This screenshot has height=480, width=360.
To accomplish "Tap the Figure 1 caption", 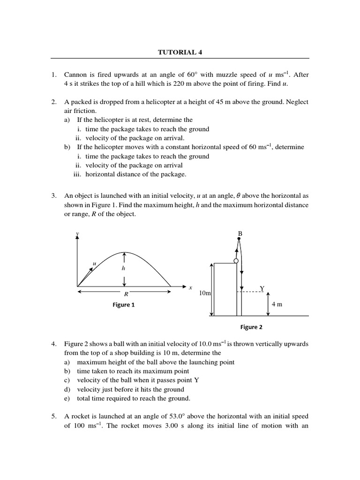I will [124, 305].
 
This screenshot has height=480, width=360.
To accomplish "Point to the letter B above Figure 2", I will [240, 233].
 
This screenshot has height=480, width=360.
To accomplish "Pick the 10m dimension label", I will [205, 293].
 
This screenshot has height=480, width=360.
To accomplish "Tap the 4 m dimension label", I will [277, 304].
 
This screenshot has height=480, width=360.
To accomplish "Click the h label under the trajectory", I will [124, 269].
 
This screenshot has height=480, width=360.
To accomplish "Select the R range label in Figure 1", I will [126, 295].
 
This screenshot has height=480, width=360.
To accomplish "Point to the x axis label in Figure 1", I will [190, 287].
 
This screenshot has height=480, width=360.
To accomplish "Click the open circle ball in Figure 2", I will [236, 261].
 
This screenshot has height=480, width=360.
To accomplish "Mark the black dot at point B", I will [239, 239].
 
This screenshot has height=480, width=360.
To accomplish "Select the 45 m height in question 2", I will [225, 102].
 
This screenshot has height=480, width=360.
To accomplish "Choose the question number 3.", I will [54, 195].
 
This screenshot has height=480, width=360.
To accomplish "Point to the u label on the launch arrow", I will [94, 264].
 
